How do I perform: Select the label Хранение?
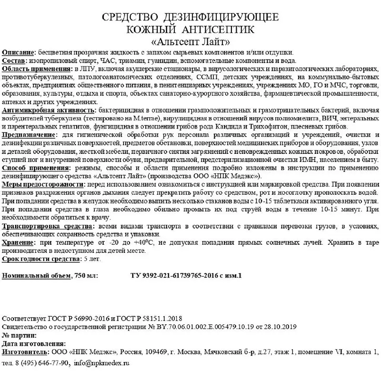tap(19, 243)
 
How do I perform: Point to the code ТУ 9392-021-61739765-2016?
tap(171, 276)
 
